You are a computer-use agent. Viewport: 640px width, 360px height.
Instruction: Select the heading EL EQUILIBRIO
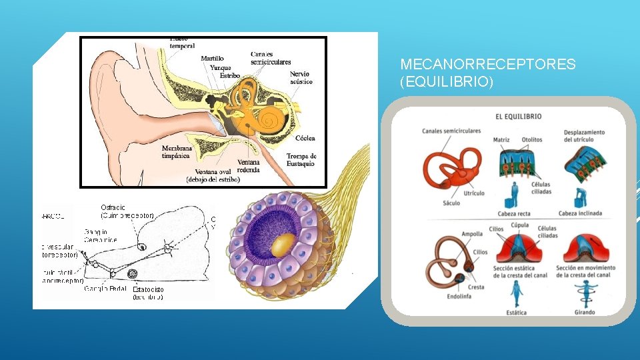(518, 117)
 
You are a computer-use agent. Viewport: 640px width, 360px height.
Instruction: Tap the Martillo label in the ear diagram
(212, 59)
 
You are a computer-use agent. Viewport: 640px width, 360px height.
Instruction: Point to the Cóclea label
(305, 139)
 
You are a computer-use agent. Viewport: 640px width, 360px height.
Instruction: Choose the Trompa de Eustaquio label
(301, 160)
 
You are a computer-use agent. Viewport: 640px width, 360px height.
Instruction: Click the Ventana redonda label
(249, 165)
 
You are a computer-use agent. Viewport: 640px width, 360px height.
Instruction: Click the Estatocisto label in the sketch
(147, 290)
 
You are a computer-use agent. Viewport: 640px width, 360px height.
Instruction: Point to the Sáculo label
(451, 203)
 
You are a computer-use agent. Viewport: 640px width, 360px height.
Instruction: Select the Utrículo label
(473, 193)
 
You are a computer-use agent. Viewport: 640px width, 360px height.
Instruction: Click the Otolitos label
(532, 140)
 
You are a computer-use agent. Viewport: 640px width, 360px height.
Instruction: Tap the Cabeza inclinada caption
(579, 214)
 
